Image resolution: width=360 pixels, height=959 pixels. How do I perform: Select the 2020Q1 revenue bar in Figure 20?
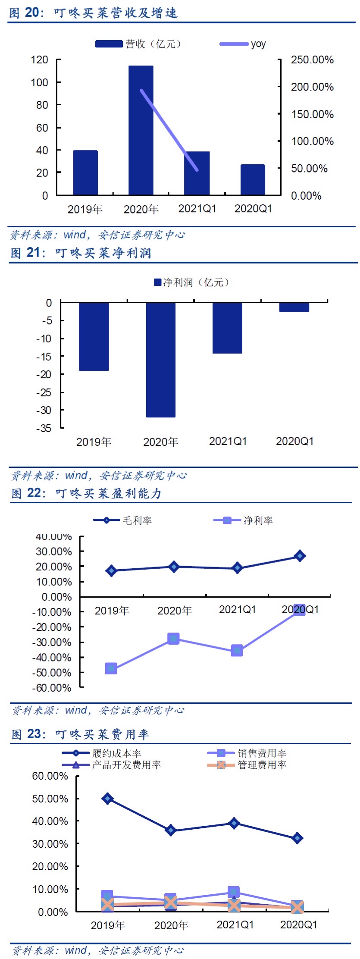click(253, 180)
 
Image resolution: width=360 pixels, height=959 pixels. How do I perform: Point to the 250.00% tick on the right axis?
click(312, 60)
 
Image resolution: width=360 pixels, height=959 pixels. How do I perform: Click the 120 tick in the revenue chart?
click(40, 60)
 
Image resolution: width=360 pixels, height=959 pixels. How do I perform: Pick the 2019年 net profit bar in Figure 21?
click(94, 336)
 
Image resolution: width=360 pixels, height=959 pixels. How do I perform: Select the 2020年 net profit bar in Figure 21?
click(160, 360)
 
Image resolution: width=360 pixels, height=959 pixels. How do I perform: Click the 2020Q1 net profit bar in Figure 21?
click(294, 307)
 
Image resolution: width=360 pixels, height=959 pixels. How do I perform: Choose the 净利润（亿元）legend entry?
click(191, 282)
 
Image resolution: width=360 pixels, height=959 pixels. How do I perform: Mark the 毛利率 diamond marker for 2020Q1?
click(300, 556)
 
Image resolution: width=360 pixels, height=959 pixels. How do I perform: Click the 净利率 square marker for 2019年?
click(111, 669)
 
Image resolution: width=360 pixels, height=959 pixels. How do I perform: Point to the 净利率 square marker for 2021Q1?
click(237, 651)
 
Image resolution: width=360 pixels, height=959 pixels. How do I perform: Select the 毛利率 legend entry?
click(123, 520)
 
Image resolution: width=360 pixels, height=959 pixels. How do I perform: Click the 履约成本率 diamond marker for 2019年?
click(107, 799)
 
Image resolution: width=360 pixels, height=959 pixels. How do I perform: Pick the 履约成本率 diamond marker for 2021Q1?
click(234, 823)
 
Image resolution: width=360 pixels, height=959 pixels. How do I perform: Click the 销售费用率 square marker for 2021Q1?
click(234, 892)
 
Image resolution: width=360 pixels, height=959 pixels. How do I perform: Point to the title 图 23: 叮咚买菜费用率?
click(80, 734)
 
